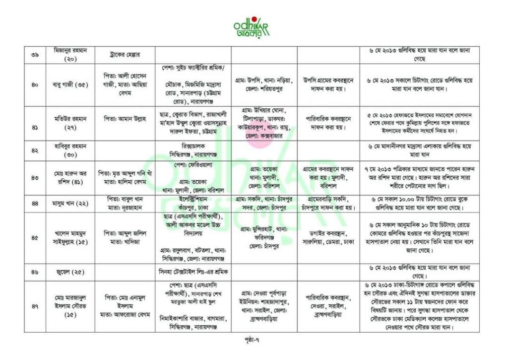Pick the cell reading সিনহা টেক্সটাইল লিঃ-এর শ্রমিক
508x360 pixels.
click(x=193, y=272)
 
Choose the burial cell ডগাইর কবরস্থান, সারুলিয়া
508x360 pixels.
click(x=328, y=238)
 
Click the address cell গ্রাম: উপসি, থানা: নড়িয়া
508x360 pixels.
click(x=264, y=85)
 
